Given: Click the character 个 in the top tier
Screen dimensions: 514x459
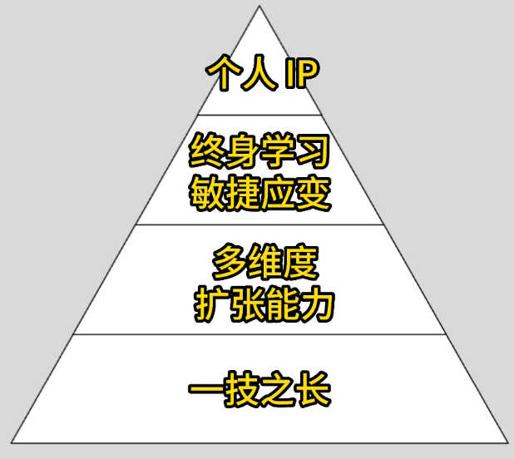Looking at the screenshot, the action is click(x=222, y=72).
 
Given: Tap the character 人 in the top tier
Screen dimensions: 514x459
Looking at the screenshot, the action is click(x=259, y=72).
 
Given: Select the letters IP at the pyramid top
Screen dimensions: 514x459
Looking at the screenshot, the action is click(x=302, y=72).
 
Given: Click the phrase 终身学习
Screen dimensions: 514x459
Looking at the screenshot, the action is click(x=259, y=151).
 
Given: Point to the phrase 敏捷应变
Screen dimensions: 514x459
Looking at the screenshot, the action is click(x=259, y=193).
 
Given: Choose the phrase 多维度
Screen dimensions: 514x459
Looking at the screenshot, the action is click(x=265, y=262).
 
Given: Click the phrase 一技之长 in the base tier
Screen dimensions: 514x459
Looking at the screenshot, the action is click(x=259, y=389).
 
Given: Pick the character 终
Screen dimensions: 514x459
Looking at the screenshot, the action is click(x=206, y=151).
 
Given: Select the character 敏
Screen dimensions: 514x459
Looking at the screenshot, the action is click(x=206, y=193).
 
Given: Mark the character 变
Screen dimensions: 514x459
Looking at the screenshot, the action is click(x=314, y=193).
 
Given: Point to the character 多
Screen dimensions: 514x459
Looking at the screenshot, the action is click(x=230, y=262).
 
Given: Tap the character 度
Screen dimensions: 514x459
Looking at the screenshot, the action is click(x=302, y=262).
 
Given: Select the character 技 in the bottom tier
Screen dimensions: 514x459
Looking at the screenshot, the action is click(x=242, y=389).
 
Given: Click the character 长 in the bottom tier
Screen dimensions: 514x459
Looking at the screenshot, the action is click(x=314, y=389).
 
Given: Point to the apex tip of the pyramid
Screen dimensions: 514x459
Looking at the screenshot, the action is click(x=259, y=6).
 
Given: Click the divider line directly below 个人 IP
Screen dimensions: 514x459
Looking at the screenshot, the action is click(x=259, y=115).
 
